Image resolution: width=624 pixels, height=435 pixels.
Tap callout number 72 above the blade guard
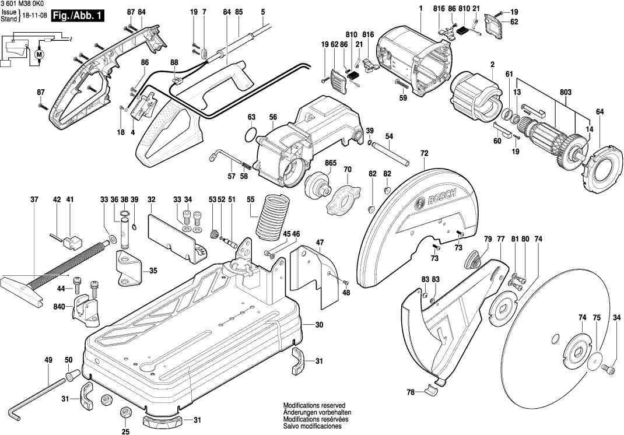[424, 153]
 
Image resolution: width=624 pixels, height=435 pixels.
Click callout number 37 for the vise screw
[34, 200]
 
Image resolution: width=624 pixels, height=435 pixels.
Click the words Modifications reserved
[314, 405]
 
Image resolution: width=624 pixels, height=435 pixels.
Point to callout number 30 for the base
[319, 324]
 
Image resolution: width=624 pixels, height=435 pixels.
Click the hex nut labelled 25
[124, 412]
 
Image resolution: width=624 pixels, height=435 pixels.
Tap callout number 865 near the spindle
[331, 163]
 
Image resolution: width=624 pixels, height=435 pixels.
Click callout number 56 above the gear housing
[273, 117]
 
